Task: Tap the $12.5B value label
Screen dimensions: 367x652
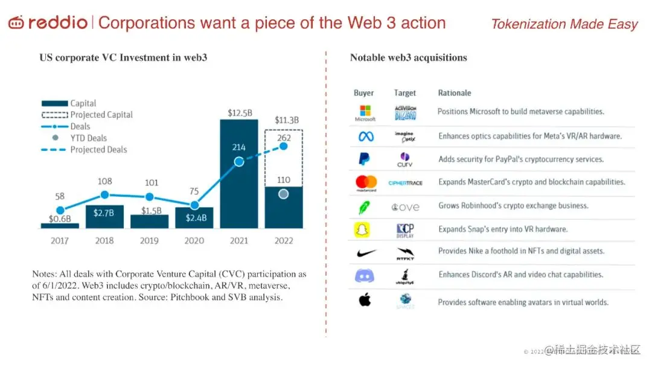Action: (240, 112)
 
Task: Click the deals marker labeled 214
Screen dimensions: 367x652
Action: (239, 161)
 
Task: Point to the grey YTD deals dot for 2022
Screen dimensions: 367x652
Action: (284, 194)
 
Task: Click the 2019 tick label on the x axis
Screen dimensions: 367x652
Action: (149, 240)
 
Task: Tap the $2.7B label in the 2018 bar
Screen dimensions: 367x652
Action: (104, 213)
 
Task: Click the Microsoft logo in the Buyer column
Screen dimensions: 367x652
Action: (365, 113)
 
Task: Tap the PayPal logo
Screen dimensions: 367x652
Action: (365, 159)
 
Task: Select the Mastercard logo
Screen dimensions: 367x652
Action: (366, 182)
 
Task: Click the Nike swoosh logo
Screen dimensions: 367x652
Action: (365, 253)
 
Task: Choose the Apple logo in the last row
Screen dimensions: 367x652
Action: (365, 300)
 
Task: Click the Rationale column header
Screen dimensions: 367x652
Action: (454, 93)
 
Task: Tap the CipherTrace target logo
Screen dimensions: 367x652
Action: (405, 182)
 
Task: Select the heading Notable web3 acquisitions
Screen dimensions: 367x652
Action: (408, 58)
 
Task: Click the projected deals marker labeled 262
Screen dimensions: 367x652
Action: (284, 145)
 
